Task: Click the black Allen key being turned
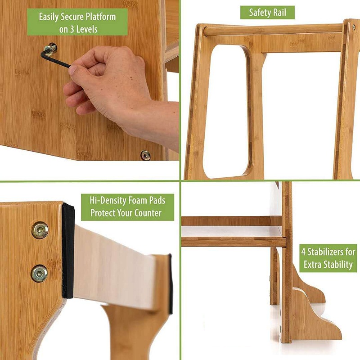pyautogui.click(x=55, y=58)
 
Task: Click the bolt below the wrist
pyautogui.click(x=145, y=155)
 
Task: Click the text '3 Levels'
pyautogui.click(x=84, y=29)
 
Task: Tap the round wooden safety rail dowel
pyautogui.click(x=273, y=30)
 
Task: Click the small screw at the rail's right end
pyautogui.click(x=354, y=27)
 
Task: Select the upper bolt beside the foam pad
pyautogui.click(x=40, y=230)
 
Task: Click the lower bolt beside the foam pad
pyautogui.click(x=39, y=274)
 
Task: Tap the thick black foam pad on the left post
pyautogui.click(x=68, y=251)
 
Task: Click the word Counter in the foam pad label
pyautogui.click(x=148, y=213)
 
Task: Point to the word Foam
pyautogui.click(x=137, y=200)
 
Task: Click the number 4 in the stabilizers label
pyautogui.click(x=303, y=252)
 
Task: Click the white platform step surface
pyautogui.click(x=231, y=231)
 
